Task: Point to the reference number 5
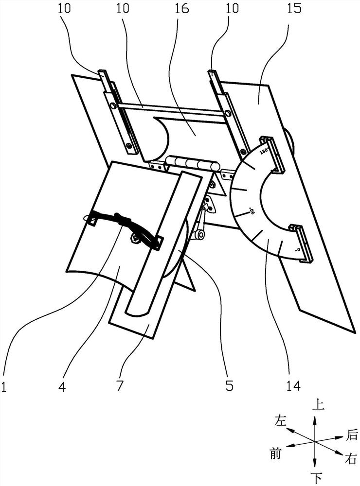pos(230,386)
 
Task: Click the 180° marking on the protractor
pos(264,151)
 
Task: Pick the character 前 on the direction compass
pos(275,454)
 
